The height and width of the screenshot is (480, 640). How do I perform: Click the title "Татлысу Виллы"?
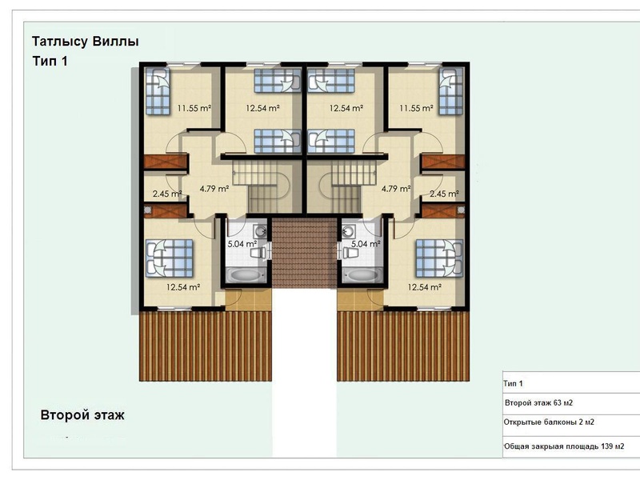(x=86, y=42)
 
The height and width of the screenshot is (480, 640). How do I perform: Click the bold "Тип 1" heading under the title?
(x=50, y=62)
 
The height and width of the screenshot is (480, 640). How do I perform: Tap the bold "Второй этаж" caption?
(x=82, y=415)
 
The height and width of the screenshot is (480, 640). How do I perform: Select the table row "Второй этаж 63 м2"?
(x=538, y=403)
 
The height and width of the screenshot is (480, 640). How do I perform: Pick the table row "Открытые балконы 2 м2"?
(x=549, y=422)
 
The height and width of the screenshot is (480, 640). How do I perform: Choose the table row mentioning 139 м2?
(x=564, y=446)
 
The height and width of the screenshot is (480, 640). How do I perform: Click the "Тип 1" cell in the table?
(x=513, y=384)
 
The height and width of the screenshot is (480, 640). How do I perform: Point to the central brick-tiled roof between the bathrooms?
(x=305, y=253)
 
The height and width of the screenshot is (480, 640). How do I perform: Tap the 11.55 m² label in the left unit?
(x=194, y=109)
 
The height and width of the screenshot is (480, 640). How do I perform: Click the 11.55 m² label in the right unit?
(x=416, y=109)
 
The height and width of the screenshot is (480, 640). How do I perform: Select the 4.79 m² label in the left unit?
(x=214, y=189)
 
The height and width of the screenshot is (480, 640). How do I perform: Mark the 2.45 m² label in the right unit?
(x=444, y=194)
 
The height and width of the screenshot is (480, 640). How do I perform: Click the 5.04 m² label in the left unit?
(x=242, y=244)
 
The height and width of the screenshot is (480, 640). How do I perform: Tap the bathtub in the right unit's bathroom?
(x=362, y=275)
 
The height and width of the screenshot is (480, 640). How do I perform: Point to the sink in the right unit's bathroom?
(x=348, y=231)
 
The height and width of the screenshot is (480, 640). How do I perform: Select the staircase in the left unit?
(x=262, y=186)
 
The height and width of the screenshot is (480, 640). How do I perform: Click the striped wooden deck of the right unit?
(x=403, y=346)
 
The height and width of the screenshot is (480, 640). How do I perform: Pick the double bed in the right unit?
(x=439, y=258)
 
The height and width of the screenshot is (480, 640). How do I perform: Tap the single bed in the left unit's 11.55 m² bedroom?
(x=158, y=91)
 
